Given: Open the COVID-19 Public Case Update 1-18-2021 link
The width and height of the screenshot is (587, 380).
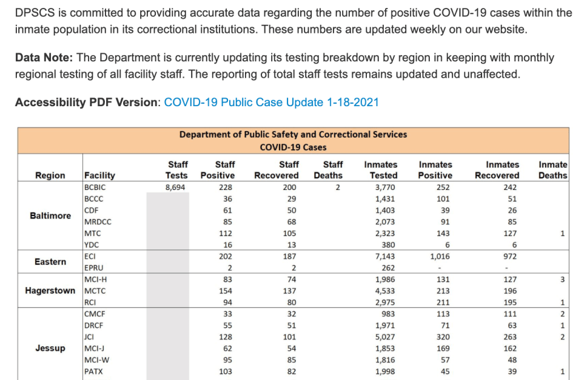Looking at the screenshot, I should tap(271, 102).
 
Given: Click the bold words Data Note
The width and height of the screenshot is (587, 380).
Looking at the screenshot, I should tap(44, 58).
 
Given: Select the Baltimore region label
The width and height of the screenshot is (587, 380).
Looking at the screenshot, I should tap(50, 215).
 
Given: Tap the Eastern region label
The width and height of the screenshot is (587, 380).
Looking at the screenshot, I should tap(50, 262).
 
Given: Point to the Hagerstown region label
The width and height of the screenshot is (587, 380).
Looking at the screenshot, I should tap(50, 291).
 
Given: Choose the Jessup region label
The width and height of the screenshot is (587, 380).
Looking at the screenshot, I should tap(50, 348).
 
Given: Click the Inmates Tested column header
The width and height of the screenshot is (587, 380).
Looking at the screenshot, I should tap(381, 170).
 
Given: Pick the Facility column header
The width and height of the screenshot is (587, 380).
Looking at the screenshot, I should tap(99, 175).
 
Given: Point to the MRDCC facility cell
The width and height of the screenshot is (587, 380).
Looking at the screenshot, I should tap(98, 222).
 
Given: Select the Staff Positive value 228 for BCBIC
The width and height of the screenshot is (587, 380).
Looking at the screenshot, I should tap(225, 188).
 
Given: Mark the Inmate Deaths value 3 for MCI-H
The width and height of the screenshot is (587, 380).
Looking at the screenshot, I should tap(562, 279).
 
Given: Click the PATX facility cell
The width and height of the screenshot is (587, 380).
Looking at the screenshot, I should tap(95, 371).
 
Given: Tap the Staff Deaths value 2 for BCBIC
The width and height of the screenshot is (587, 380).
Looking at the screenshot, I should tap(337, 188).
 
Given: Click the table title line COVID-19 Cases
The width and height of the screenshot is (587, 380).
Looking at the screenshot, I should tap(293, 147).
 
